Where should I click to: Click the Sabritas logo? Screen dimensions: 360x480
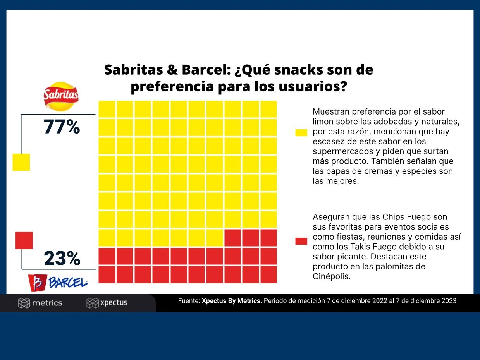[x=61, y=96]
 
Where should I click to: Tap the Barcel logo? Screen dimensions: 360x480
[x=58, y=283]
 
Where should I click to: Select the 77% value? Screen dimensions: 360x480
[x=61, y=127]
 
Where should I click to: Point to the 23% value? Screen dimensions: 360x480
[x=62, y=258]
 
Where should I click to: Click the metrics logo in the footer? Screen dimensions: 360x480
[x=40, y=303]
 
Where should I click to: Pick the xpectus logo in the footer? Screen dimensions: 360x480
[x=107, y=303]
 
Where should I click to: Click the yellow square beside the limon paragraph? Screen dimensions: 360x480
[x=301, y=133]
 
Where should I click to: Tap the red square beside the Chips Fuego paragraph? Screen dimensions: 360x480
[x=301, y=241]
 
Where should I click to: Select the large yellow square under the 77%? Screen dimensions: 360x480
[x=21, y=162]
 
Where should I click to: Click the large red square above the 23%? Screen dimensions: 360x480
[x=24, y=240]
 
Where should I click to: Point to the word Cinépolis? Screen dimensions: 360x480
[x=332, y=276]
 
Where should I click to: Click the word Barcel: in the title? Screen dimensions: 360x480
[x=206, y=70]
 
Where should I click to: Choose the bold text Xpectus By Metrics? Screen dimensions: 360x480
[x=231, y=301]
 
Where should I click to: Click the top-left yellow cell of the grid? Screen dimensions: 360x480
[x=107, y=109]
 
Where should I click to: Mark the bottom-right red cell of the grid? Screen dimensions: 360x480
[x=268, y=274]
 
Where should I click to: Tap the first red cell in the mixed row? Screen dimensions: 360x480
[x=232, y=238]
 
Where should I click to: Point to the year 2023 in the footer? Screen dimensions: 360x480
[x=449, y=301]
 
